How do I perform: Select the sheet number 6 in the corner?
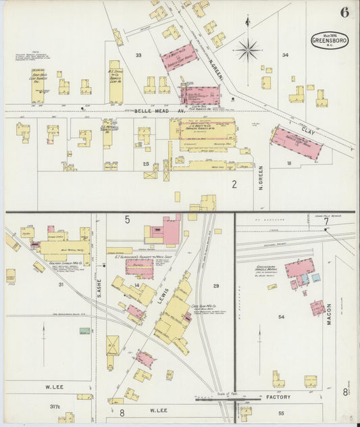point(345,12)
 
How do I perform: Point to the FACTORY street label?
point(278,397)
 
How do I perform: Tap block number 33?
point(138,55)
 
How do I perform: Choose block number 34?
point(285,55)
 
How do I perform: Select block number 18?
point(289,164)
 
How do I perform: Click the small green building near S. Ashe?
point(84,331)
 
